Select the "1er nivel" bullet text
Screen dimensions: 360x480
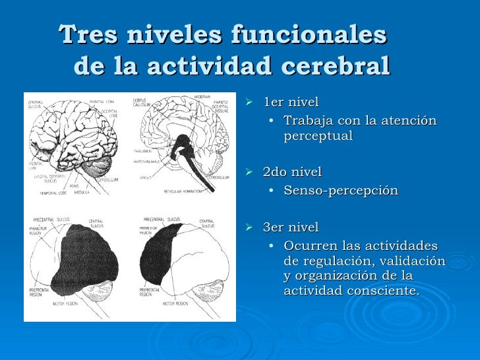(291, 102)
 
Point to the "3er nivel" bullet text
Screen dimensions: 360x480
(291, 227)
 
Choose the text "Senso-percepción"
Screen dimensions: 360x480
(341, 191)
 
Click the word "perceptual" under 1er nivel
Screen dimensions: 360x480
(318, 136)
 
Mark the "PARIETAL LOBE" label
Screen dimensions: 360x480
(103, 102)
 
